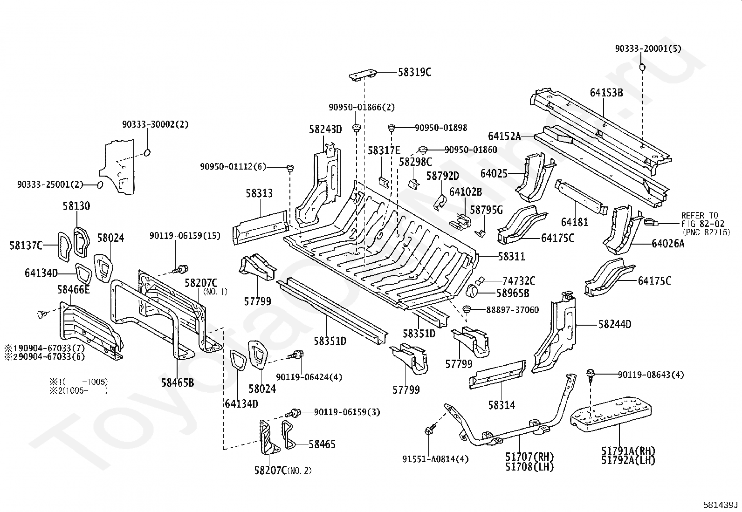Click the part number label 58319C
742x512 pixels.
click(414, 72)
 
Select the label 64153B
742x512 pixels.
click(606, 93)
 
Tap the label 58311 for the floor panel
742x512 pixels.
click(511, 256)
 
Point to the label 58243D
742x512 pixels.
click(325, 129)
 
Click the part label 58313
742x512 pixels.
click(259, 193)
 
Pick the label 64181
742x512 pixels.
click(574, 222)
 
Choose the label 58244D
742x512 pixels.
click(615, 324)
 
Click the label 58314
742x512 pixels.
click(502, 405)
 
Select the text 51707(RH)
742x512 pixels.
click(529, 457)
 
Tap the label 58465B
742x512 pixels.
click(178, 383)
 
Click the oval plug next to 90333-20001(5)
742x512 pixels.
click(642, 68)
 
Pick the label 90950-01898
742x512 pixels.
click(440, 128)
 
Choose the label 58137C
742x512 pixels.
click(26, 245)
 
